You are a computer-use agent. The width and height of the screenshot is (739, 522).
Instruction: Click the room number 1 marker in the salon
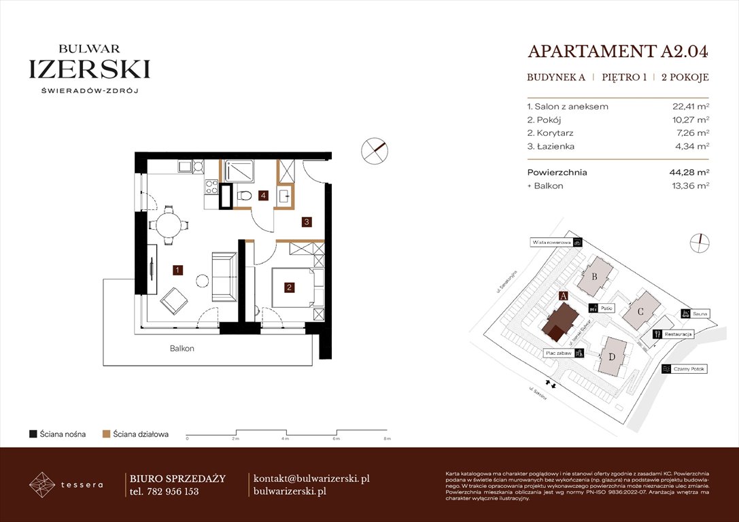[x=177, y=270]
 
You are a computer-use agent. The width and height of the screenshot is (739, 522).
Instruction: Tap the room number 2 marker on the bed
[x=289, y=288]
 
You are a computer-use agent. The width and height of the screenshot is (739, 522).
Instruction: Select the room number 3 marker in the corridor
[x=307, y=222]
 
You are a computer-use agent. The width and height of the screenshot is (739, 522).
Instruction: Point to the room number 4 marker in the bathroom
[x=262, y=196]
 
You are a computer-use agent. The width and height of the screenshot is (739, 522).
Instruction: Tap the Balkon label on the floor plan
[x=182, y=349]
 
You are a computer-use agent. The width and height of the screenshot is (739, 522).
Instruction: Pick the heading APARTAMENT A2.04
[x=618, y=52]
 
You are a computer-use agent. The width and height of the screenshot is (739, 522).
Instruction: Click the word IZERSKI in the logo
[x=89, y=69]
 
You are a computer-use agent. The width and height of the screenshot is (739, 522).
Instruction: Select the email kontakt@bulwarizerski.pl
[x=311, y=478]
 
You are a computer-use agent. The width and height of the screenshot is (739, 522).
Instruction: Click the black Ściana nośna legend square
[x=33, y=434]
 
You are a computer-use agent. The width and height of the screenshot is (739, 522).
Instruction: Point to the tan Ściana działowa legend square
[x=106, y=434]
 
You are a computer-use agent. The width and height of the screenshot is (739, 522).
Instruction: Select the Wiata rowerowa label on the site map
[x=551, y=242]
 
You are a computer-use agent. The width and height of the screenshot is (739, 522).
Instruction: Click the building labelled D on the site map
[x=613, y=356]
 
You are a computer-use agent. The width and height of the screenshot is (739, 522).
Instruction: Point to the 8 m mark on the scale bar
[x=386, y=439]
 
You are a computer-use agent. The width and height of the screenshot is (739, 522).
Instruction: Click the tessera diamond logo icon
[x=44, y=485]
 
